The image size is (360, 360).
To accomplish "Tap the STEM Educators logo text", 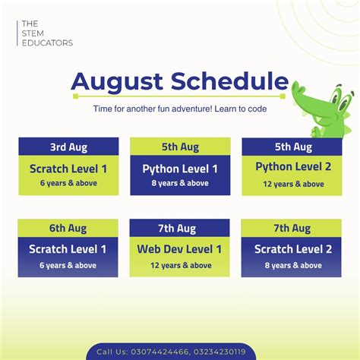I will point(47,33).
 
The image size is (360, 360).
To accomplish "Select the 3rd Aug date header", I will point(68,147).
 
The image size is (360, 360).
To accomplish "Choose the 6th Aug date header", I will point(68,228).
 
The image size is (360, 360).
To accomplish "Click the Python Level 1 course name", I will point(180,169).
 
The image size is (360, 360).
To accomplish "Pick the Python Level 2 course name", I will point(292,167).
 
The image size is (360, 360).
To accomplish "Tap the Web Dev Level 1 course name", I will point(180,249).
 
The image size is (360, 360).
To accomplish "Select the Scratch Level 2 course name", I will point(292,249).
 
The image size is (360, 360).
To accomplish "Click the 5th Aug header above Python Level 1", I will point(180,147).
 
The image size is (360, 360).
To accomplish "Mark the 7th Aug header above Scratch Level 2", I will point(292,228).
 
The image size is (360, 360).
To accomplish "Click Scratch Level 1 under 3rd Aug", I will point(68,169).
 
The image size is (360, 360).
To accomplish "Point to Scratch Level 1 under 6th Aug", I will point(68,249).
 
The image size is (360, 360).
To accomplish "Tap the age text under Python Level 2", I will point(292,184).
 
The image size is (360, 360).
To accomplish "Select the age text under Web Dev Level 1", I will point(180,265).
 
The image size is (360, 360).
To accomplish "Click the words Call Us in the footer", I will point(112,352).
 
